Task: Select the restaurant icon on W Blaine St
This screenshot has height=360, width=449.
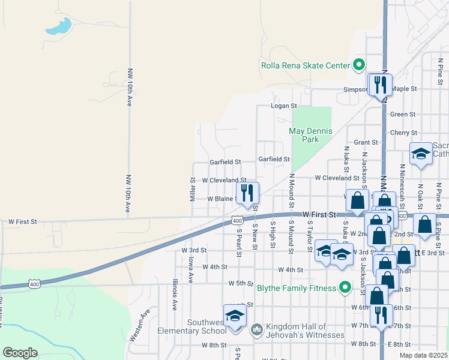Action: pos(247,193)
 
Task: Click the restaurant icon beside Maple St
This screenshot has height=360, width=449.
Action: pos(380,85)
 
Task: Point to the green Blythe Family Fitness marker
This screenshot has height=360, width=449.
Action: pos(345,288)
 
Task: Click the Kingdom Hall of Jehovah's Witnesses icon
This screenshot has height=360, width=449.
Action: pos(256,329)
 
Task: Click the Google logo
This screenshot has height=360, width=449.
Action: pos(20,353)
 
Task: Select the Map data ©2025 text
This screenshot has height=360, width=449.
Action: pos(423,355)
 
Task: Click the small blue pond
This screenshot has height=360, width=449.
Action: pos(59,26)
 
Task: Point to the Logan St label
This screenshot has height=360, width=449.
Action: pos(284,106)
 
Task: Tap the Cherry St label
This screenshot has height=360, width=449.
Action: pos(403,133)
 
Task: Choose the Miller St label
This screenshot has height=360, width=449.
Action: pos(193,188)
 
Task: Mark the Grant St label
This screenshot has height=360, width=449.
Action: pos(365,142)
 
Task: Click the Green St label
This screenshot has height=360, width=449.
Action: pos(403,114)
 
